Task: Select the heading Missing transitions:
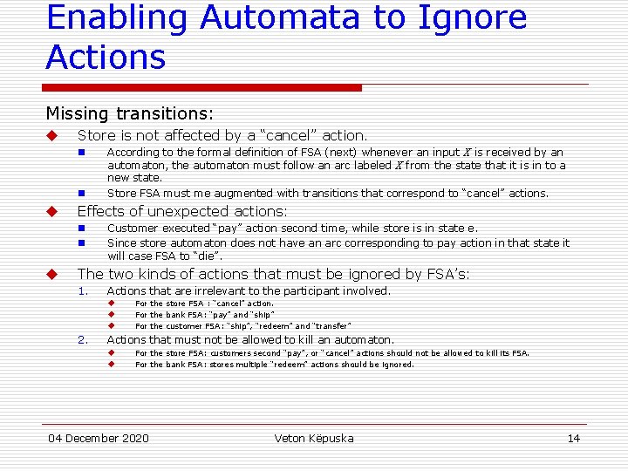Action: [x=129, y=113]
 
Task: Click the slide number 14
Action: [x=573, y=438]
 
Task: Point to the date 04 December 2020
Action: [x=99, y=438]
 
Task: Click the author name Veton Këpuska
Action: [x=314, y=438]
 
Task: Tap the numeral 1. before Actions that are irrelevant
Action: [x=83, y=291]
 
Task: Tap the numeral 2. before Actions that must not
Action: [x=83, y=340]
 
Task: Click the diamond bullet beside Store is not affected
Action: [x=51, y=136]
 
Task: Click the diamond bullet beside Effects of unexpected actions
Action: [x=51, y=212]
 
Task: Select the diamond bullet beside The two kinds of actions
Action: [x=51, y=275]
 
